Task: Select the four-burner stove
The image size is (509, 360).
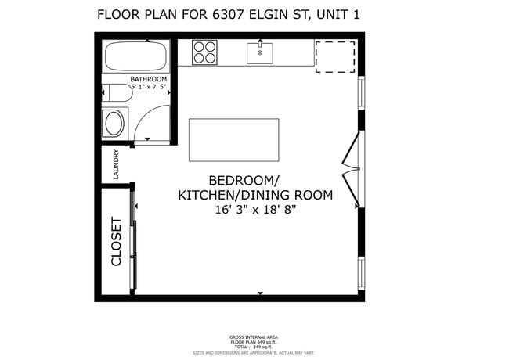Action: click(205, 52)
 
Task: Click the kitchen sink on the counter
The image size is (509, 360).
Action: click(260, 52)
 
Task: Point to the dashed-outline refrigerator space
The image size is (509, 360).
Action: click(335, 57)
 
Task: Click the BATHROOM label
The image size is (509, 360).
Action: click(149, 80)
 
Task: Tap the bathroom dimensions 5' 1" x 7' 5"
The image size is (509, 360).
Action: click(149, 88)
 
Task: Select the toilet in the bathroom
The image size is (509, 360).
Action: click(117, 93)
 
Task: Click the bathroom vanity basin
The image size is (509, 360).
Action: click(114, 124)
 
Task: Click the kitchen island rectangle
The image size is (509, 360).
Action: click(233, 140)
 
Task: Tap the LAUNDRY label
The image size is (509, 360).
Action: click(116, 164)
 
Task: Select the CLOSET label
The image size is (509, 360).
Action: click(116, 241)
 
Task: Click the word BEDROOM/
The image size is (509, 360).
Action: click(244, 179)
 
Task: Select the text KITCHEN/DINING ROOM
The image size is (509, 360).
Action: click(255, 195)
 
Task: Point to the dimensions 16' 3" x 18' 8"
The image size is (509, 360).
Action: click(255, 210)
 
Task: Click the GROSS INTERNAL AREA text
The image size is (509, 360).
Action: click(254, 337)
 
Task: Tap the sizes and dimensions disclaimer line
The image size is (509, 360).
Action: click(254, 352)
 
